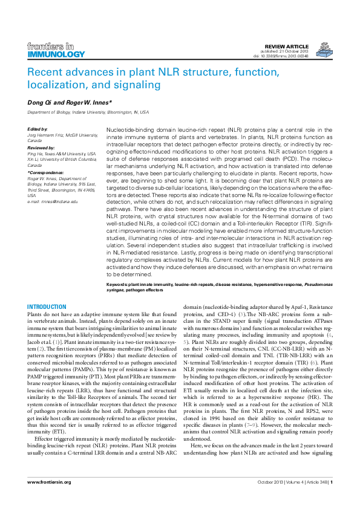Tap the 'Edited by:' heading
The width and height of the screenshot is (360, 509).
(38, 129)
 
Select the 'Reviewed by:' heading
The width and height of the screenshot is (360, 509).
(41, 147)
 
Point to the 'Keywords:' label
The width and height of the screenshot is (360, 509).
(116, 284)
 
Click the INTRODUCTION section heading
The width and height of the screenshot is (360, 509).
(47, 307)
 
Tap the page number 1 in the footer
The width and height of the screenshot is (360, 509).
(331, 498)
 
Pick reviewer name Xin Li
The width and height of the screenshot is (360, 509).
(34, 160)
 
